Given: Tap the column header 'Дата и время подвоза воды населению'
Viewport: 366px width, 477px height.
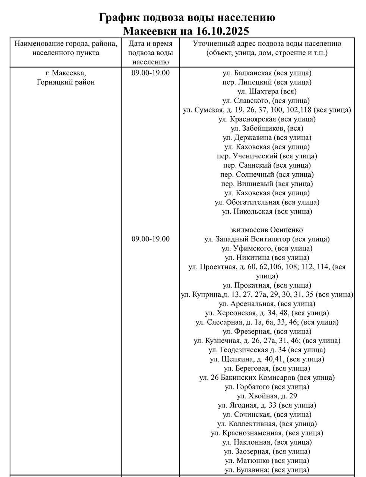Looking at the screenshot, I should [151, 53].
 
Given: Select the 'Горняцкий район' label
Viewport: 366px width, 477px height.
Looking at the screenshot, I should [66, 82].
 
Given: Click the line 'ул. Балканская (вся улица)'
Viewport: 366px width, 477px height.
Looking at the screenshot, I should [267, 73].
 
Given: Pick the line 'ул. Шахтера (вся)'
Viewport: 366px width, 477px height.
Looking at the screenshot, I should [267, 91].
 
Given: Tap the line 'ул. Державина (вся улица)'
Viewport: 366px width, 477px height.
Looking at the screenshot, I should [267, 138].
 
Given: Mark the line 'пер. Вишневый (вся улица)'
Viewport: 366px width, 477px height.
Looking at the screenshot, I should [267, 184].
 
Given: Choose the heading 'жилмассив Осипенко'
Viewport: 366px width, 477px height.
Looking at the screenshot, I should [267, 230].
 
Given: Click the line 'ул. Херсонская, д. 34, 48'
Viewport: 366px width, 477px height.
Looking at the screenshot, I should [267, 313].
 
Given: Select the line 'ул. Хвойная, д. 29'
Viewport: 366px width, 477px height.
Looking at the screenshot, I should [267, 396].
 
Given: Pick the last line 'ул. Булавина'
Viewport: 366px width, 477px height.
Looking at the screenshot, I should [267, 470].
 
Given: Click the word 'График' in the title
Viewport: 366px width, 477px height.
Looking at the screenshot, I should [119, 18].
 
